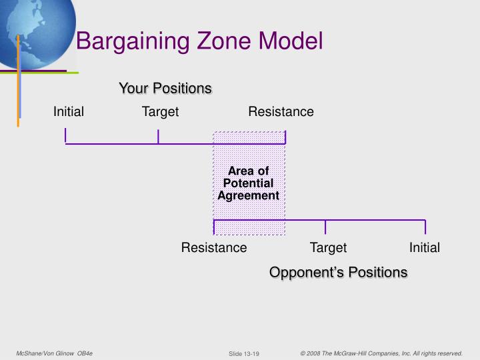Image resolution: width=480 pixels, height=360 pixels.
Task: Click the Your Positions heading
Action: point(165,88)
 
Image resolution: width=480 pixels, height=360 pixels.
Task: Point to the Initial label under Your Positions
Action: point(69,112)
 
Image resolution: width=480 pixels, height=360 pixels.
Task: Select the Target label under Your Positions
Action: point(160,112)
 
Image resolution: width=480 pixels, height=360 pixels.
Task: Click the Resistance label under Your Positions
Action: point(281,112)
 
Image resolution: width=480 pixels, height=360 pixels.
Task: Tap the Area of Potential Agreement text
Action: point(249,183)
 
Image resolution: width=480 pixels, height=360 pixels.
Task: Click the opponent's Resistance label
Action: point(214,248)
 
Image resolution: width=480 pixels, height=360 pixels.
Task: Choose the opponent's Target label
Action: point(328,248)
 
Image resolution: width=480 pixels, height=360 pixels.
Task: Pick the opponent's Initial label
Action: point(425,248)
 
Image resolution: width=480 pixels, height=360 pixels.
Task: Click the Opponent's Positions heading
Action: point(338,272)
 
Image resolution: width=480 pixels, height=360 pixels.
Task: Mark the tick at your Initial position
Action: point(65,136)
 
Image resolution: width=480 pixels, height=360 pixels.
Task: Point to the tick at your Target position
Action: point(158,136)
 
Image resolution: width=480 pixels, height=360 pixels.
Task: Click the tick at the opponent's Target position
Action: point(325,227)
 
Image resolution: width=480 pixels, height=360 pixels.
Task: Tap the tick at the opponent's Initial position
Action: point(425,227)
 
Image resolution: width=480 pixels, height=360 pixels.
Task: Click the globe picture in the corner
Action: point(33,30)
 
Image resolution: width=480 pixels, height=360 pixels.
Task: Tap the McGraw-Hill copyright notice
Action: point(381,353)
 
